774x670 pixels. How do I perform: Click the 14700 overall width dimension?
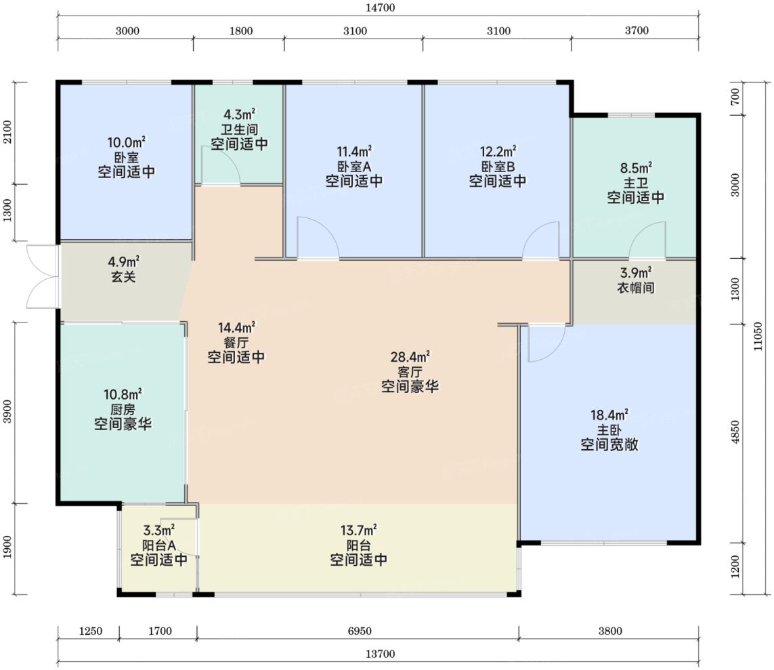[380, 7]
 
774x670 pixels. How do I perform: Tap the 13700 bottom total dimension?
[380, 654]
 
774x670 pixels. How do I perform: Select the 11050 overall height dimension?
[758, 336]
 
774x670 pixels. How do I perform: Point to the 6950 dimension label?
[360, 631]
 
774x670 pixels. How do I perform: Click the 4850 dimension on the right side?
[735, 432]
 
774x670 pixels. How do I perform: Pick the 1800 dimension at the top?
[241, 30]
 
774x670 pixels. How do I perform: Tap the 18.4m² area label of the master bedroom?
[609, 414]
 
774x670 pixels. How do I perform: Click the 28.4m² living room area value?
[410, 356]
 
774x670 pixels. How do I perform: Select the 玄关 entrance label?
[123, 276]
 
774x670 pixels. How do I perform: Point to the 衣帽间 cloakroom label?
[636, 287]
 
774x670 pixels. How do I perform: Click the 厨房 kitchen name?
[123, 409]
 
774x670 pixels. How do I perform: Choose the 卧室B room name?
[498, 167]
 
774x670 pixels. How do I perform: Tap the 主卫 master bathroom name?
[636, 183]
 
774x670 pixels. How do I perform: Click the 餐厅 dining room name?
[236, 342]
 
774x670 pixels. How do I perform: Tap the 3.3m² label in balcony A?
[159, 530]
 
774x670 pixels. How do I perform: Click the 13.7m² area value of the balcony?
[359, 530]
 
